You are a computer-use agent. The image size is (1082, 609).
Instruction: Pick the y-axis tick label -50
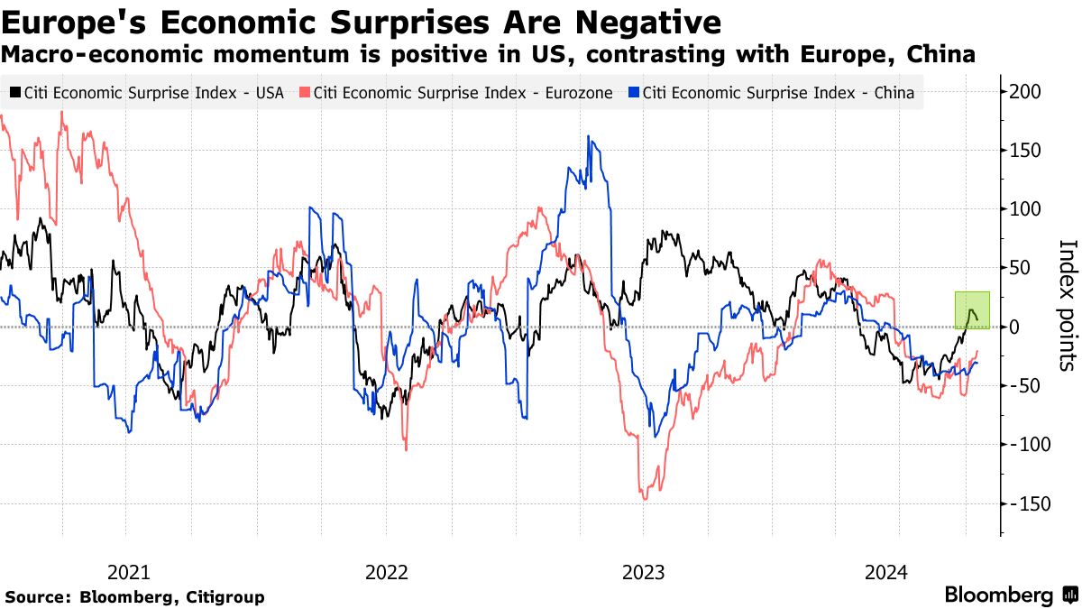click(1031, 385)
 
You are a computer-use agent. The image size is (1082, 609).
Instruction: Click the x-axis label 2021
click(128, 572)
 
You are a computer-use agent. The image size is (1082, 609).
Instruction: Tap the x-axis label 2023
click(644, 572)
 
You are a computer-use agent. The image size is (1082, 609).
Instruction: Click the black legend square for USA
click(15, 93)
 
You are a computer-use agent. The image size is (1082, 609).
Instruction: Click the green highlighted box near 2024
click(972, 309)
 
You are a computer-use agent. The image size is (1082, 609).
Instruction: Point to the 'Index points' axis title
click(1068, 305)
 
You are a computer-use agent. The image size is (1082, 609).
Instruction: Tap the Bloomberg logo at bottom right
click(1010, 595)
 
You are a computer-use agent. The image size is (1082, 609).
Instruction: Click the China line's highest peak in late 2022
click(588, 137)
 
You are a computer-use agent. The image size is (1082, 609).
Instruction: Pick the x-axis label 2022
click(386, 572)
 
